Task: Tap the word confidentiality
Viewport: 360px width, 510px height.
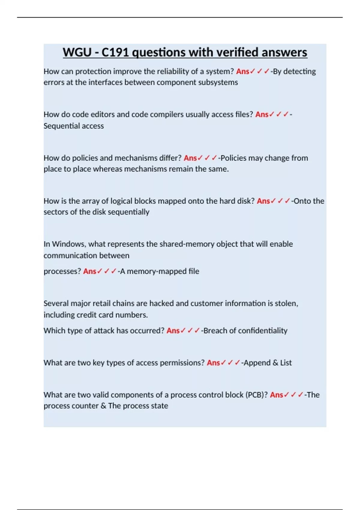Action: coord(262,331)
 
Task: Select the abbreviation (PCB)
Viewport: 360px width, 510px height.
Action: coord(256,395)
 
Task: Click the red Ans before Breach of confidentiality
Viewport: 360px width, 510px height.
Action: coord(173,331)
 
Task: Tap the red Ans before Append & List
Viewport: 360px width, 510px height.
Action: coord(213,363)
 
